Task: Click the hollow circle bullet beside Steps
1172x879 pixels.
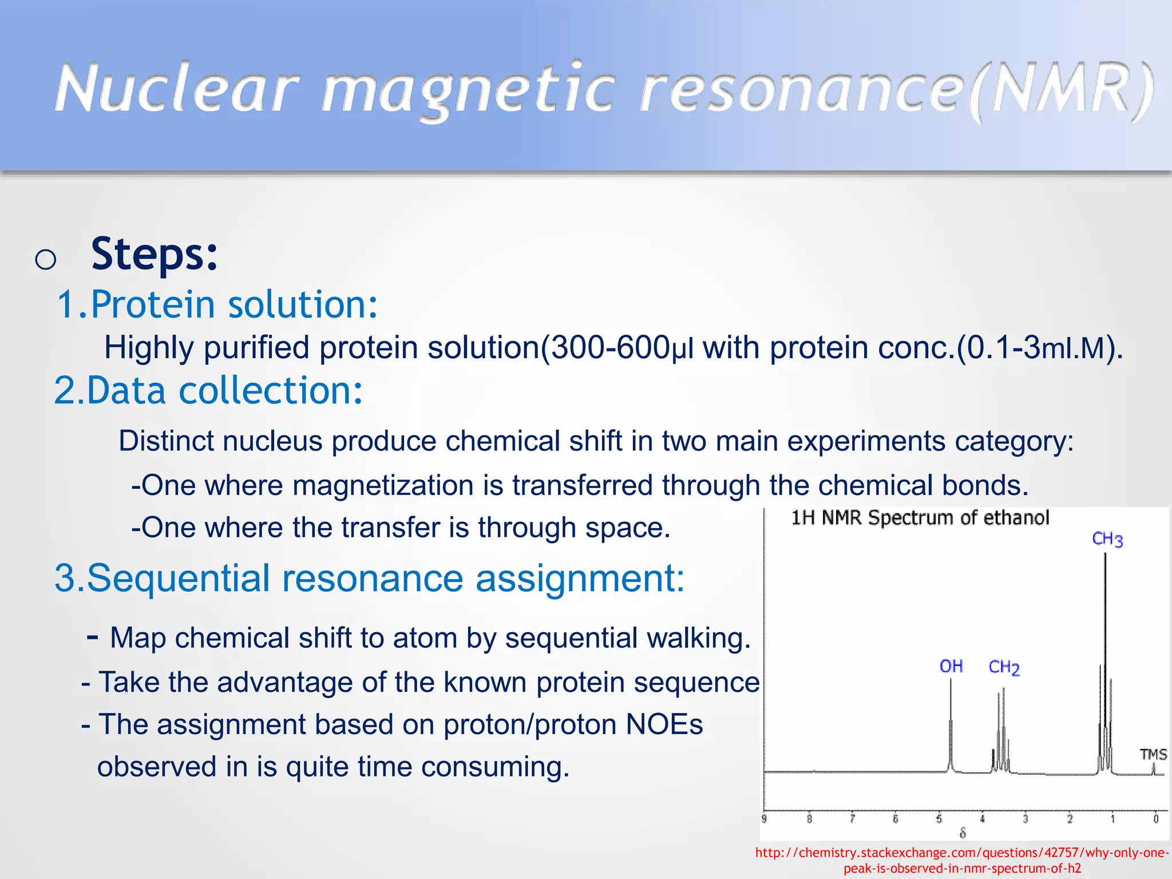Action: pos(45,260)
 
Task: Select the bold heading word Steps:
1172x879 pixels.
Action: pos(155,254)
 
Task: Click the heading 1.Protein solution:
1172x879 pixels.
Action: pos(217,304)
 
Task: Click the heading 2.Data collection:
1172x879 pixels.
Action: pos(208,391)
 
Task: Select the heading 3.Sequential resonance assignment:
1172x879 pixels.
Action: pos(369,578)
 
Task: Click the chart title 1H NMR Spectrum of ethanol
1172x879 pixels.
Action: pos(920,518)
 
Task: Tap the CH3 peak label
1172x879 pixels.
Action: pos(1107,539)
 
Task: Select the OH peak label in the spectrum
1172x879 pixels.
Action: pos(951,666)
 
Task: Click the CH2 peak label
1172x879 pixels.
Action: pos(1004,667)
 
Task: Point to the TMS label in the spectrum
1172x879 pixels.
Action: pos(1153,754)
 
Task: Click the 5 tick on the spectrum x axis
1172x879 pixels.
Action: pos(939,819)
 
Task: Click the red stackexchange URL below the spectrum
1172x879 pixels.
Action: pos(962,860)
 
